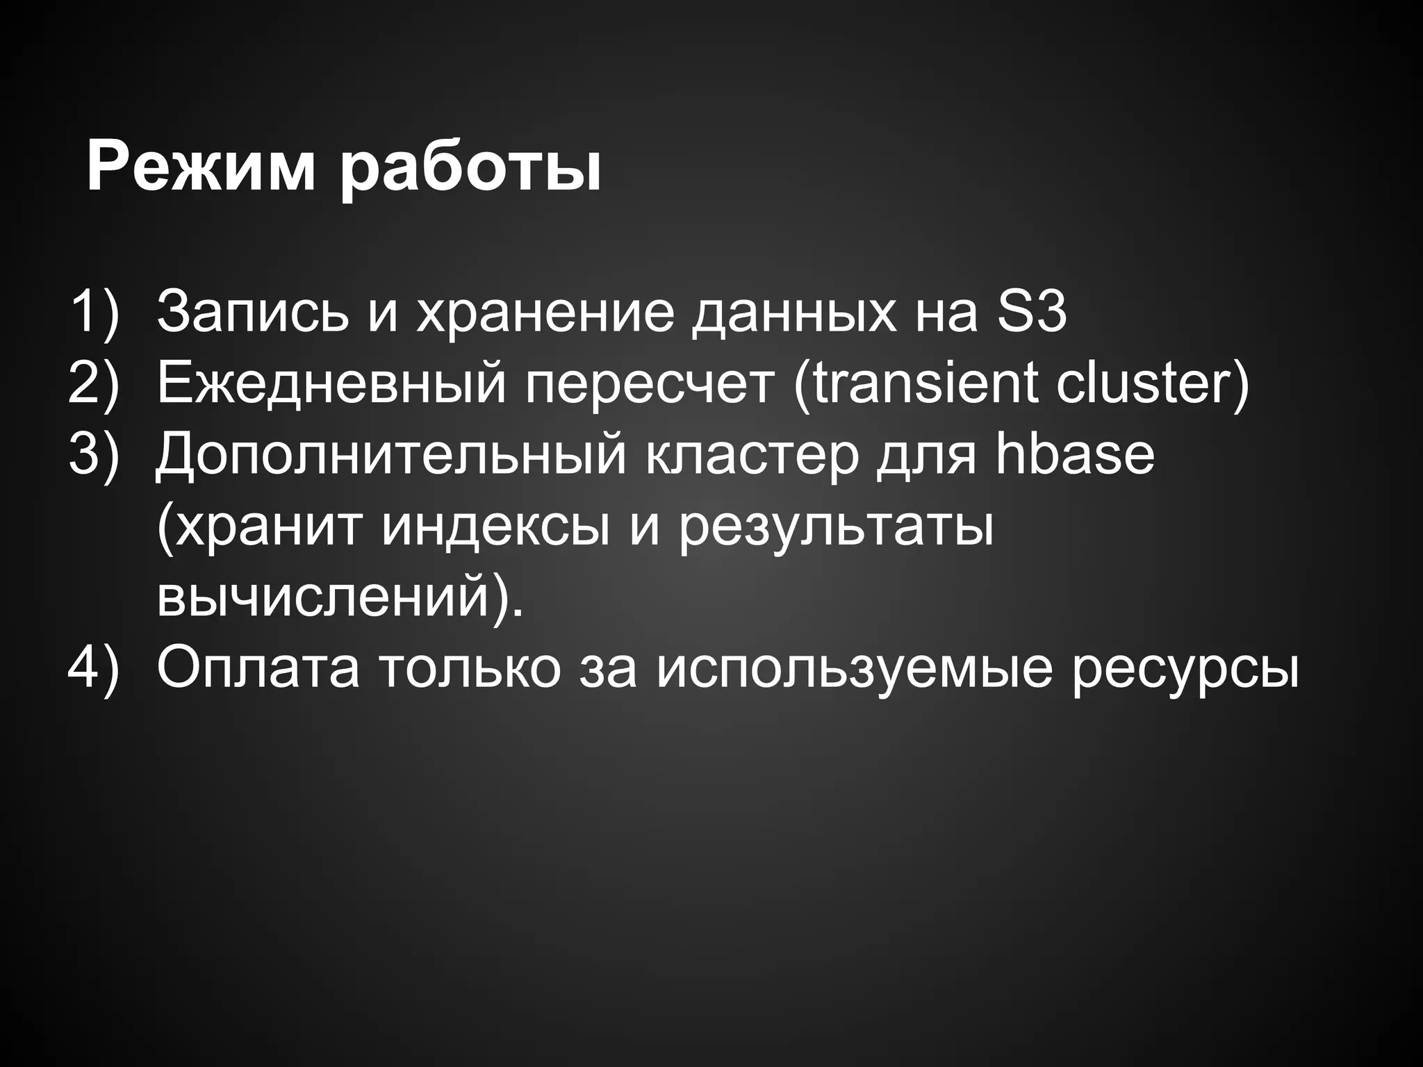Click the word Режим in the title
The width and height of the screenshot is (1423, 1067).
(201, 169)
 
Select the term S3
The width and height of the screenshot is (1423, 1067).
(1031, 313)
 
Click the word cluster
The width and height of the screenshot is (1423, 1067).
(1146, 383)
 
